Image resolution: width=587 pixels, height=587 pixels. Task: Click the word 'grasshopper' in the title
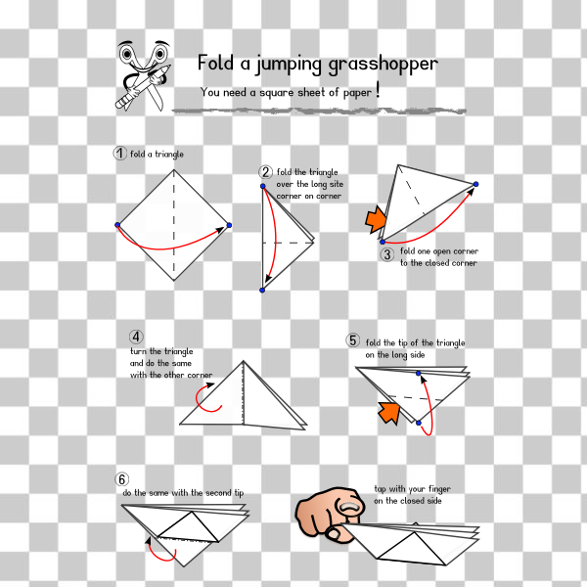383,66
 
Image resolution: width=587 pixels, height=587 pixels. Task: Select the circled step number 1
120,153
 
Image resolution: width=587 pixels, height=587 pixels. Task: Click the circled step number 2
265,172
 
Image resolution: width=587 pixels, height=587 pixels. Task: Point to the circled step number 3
387,254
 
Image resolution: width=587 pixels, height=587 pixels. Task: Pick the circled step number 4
136,337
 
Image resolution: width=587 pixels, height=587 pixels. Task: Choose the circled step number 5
353,340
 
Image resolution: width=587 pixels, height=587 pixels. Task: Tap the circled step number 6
121,479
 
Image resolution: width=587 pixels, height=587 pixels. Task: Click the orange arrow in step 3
375,221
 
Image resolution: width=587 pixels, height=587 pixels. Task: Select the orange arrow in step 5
390,413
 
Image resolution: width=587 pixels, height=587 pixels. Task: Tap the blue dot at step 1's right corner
229,225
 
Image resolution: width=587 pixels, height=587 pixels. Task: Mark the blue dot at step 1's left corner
117,225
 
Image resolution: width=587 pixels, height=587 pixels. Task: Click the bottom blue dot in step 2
262,290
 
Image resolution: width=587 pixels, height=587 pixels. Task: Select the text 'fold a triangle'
157,154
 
